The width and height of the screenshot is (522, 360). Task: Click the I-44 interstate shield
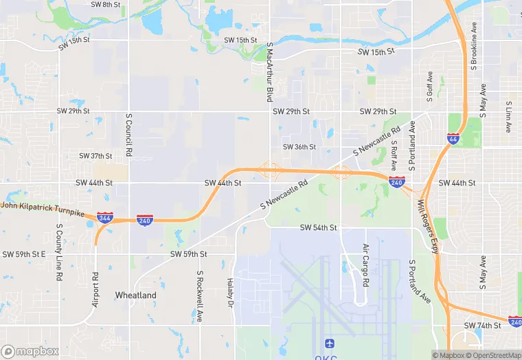(453, 139)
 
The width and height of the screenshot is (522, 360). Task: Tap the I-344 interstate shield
(105, 218)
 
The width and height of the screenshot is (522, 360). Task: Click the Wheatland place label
(135, 295)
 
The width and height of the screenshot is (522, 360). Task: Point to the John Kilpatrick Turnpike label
(42, 209)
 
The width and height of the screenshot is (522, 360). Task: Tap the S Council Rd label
(128, 135)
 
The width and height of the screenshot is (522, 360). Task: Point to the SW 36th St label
(299, 147)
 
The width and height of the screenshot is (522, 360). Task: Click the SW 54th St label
(318, 227)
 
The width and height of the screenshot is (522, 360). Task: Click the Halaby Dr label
(231, 293)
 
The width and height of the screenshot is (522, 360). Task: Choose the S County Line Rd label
(60, 245)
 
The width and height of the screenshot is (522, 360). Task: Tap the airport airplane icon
(328, 342)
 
